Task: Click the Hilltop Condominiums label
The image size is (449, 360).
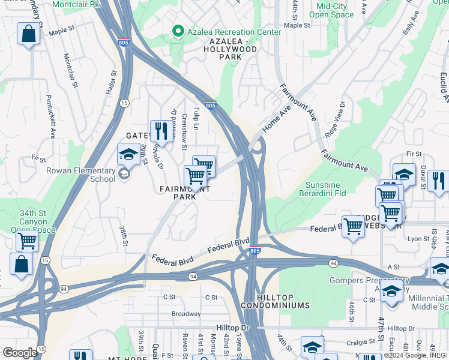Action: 276,301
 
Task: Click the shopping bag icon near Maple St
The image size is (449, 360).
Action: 28,34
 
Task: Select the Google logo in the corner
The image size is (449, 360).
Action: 20,353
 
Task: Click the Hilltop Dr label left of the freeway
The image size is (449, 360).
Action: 233,328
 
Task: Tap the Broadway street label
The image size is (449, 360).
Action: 186,314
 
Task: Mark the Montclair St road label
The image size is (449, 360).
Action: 70,69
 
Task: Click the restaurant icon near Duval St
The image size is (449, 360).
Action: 438,181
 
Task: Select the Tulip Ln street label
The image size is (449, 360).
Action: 196,119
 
